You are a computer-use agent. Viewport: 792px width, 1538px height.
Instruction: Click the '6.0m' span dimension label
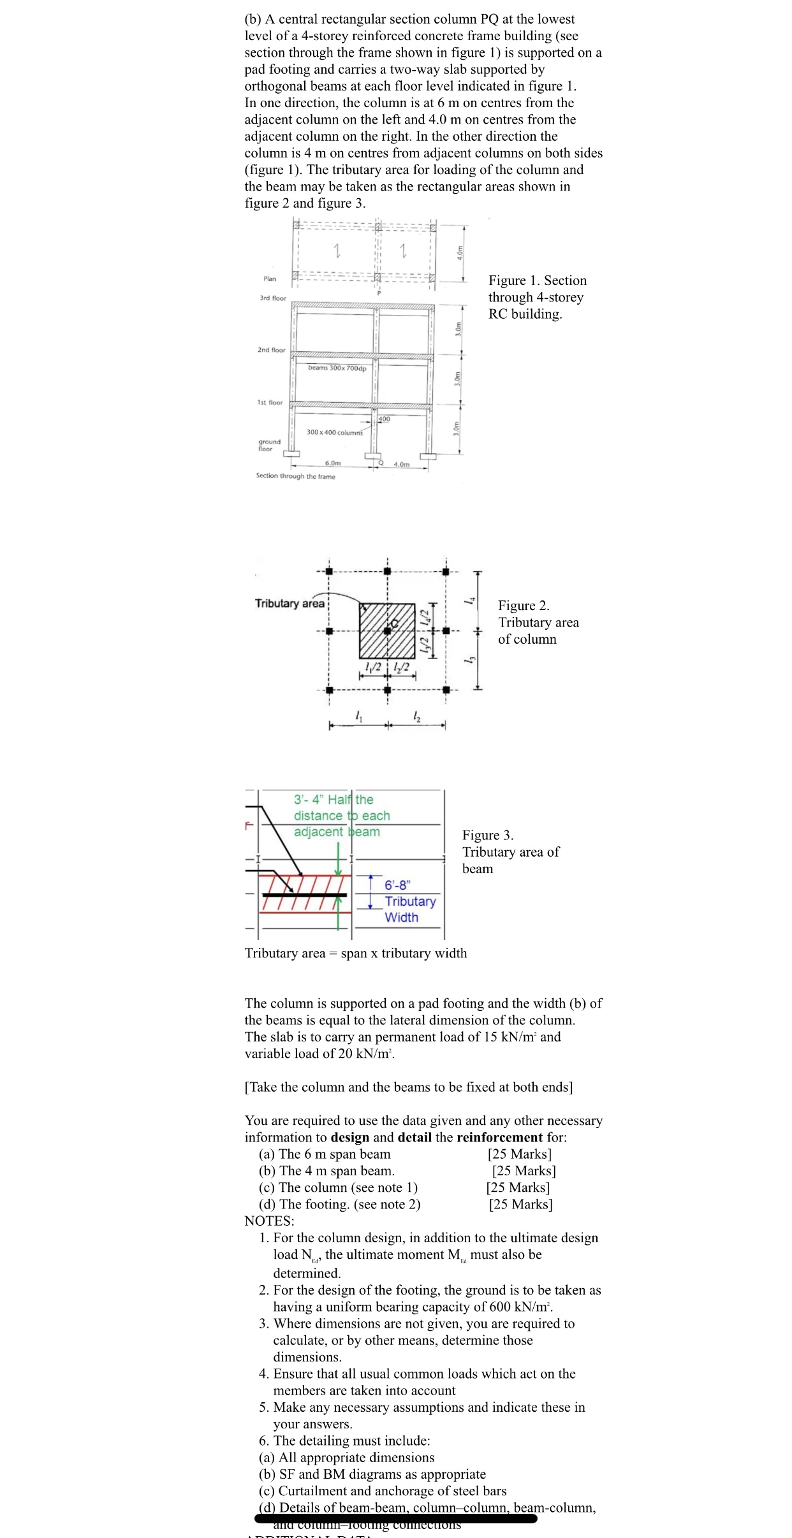pos(333,463)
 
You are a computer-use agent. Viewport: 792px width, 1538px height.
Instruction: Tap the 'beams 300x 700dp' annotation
pos(337,368)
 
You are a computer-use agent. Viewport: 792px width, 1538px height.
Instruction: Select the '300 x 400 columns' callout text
pos(334,432)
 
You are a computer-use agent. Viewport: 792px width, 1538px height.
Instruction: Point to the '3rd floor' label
pos(273,298)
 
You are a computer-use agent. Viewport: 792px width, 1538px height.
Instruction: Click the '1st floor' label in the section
pos(270,402)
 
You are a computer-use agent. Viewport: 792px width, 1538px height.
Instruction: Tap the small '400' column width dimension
pos(384,419)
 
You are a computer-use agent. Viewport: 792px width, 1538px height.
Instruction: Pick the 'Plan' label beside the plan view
pos(270,279)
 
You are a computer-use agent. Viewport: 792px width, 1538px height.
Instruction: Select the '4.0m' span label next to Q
pos(402,464)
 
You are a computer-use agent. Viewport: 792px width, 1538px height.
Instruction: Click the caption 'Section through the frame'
pos(295,476)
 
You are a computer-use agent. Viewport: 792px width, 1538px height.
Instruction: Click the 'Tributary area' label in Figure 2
pos(290,603)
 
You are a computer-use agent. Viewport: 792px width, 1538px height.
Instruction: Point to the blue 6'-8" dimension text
pos(398,885)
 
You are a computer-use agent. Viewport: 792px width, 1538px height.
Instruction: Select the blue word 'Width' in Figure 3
pos(401,917)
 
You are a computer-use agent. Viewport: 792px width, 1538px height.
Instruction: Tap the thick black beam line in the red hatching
pos(304,895)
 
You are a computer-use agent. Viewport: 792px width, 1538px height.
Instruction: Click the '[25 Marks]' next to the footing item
pos(520,1204)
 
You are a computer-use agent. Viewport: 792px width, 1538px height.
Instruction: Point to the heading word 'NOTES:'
pos(269,1221)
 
